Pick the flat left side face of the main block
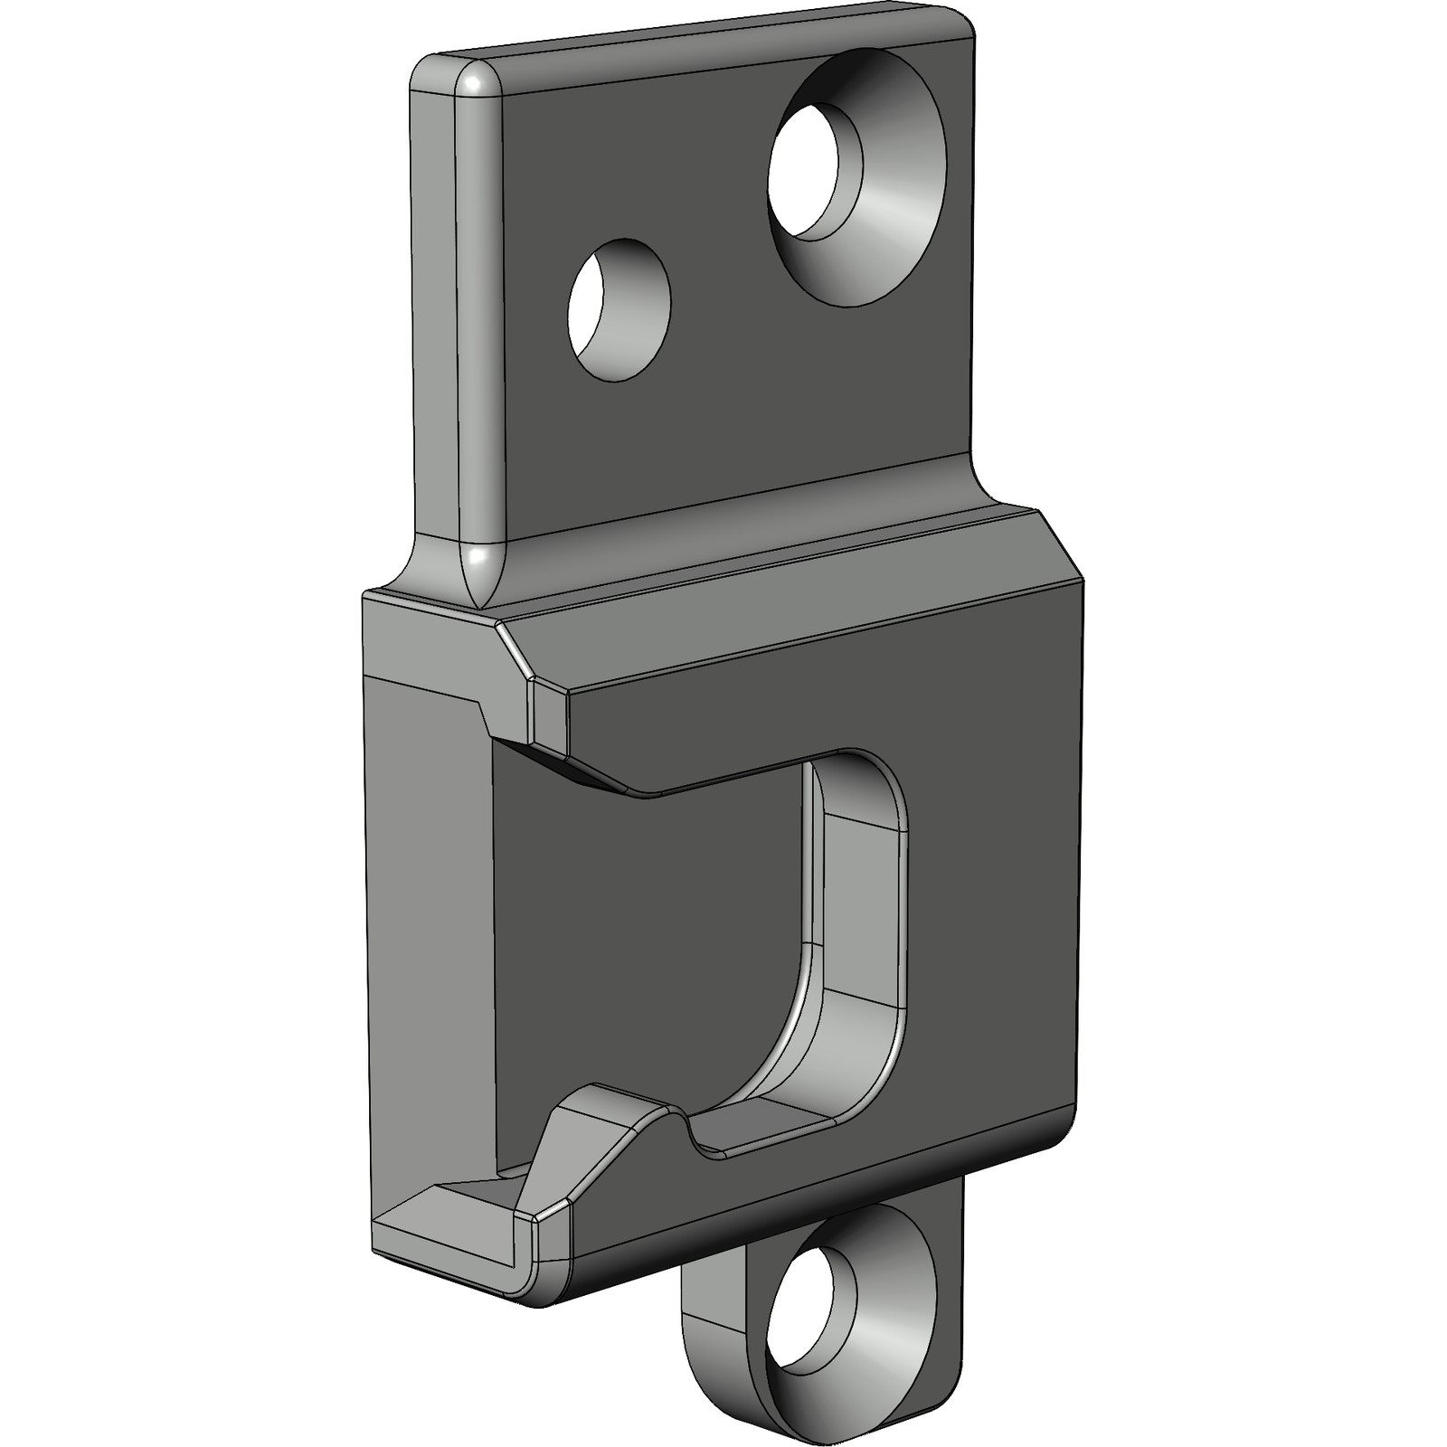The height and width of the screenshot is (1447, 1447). (425, 950)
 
